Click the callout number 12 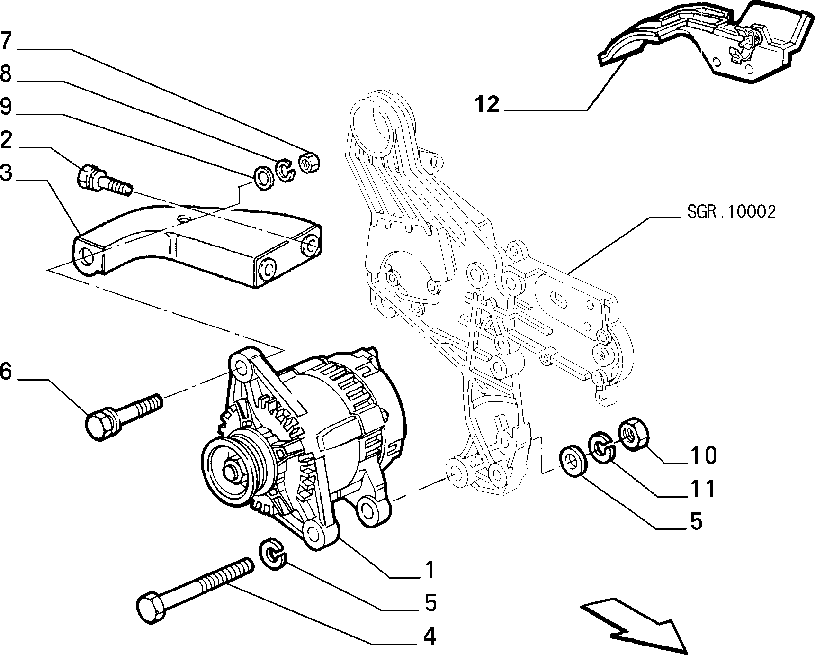487,104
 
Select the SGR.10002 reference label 731,212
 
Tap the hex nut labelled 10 633,432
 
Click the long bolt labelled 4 195,590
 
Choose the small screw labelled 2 104,181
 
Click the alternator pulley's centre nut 232,473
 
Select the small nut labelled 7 310,163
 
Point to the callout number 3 6,173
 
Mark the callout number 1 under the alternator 429,570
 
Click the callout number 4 429,636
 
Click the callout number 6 6,372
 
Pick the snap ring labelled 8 285,170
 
